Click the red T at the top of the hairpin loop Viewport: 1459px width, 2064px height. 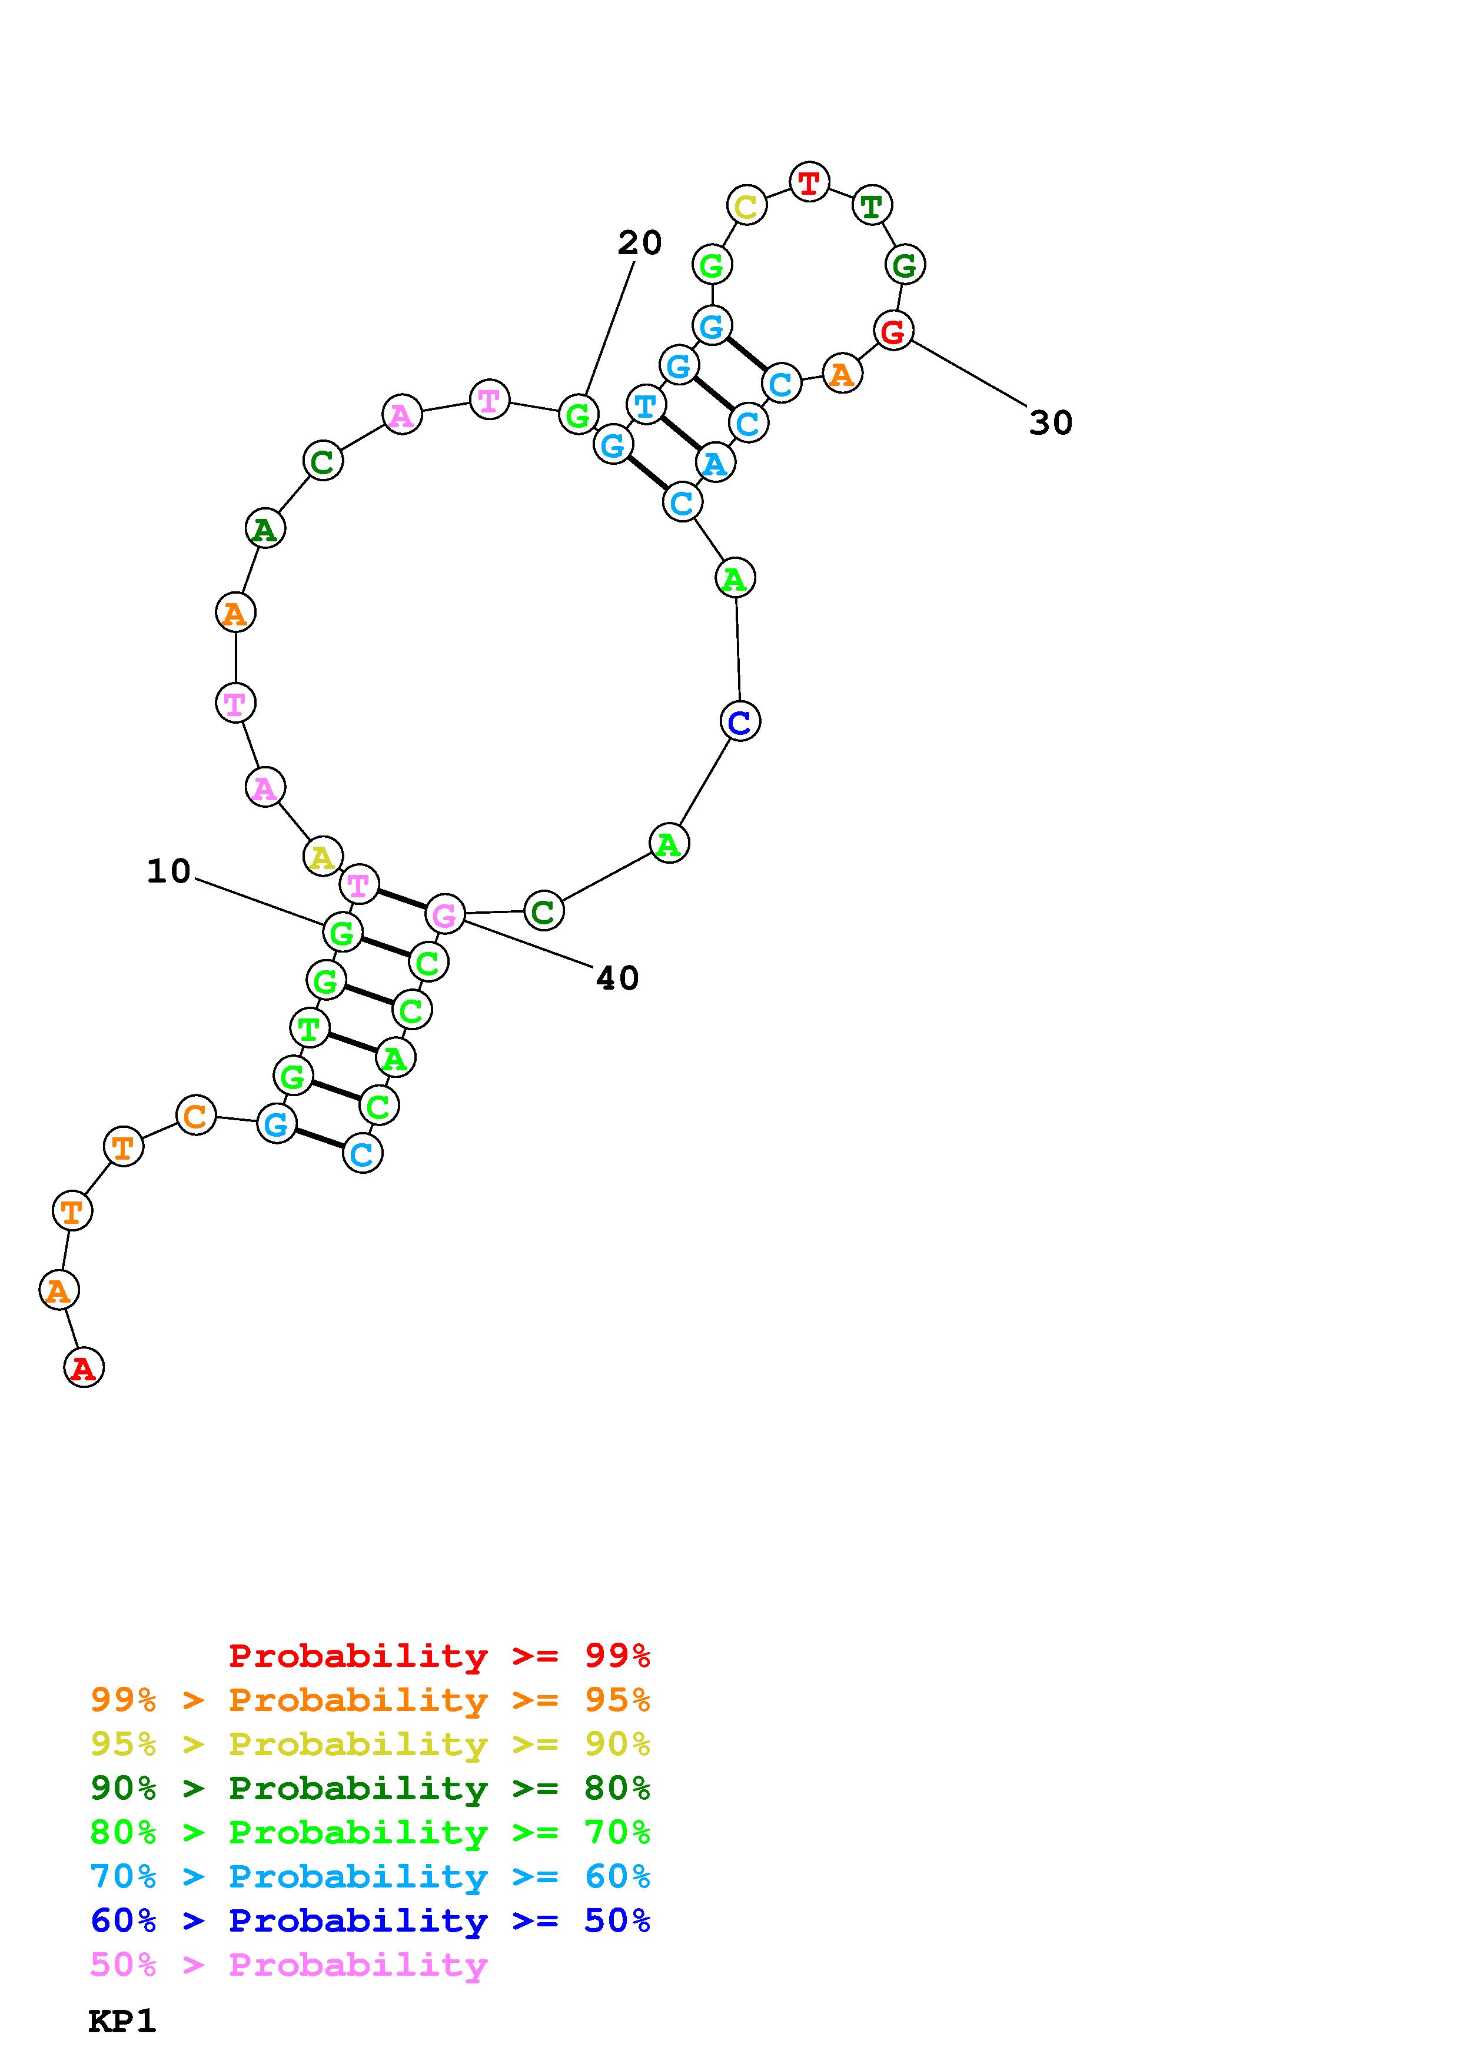click(x=809, y=182)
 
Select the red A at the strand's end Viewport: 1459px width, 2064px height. click(x=84, y=1367)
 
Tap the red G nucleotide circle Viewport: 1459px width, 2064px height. click(x=893, y=331)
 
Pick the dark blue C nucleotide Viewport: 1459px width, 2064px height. click(x=740, y=721)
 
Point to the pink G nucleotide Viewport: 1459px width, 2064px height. click(x=444, y=915)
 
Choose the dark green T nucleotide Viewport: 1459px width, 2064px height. click(x=871, y=206)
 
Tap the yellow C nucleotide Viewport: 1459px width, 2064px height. click(x=746, y=206)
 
